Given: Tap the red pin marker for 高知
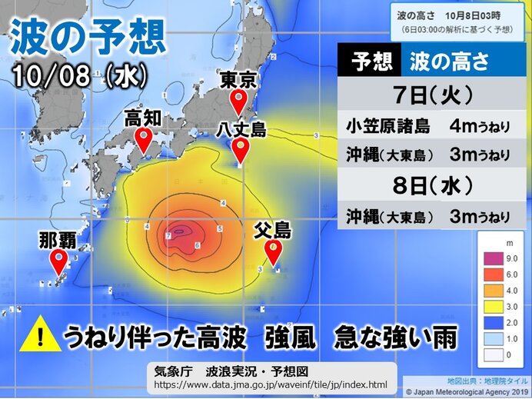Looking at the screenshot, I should pos(143,140).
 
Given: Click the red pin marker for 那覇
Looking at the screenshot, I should pos(58,261).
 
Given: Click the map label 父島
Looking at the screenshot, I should pos(273,229).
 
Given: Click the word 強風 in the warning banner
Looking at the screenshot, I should pos(288,337).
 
